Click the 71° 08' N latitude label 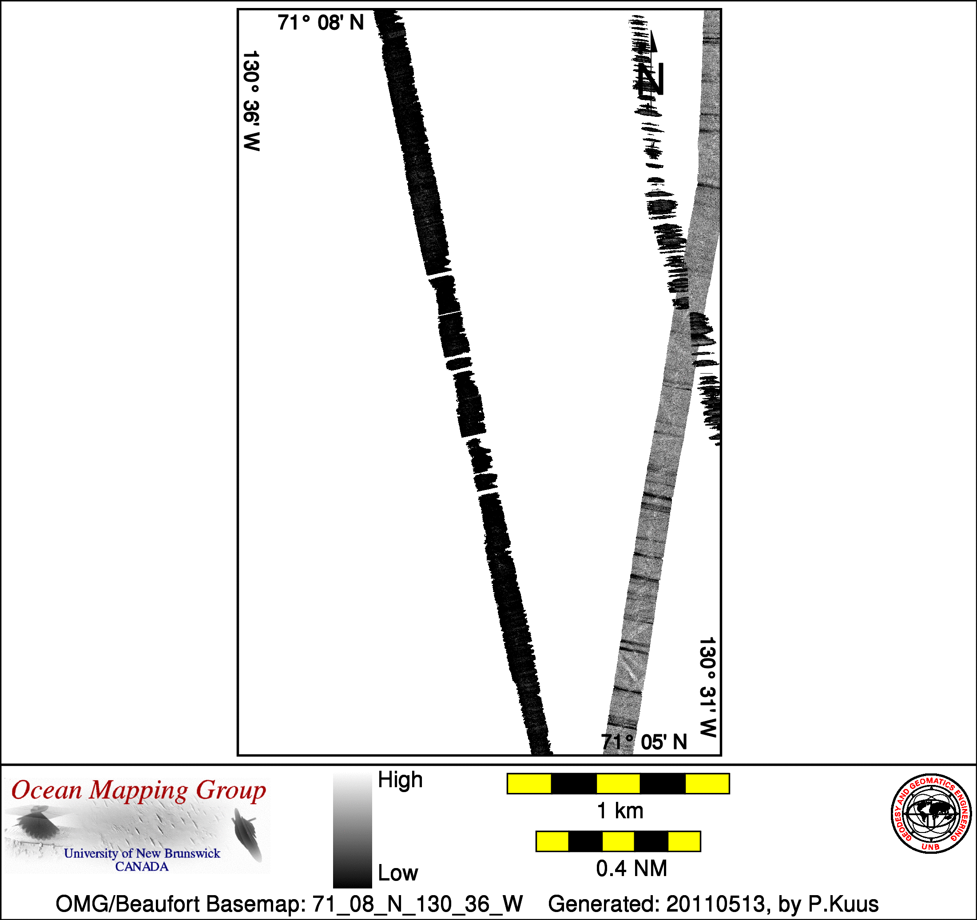tap(321, 23)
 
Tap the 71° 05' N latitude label tap(644, 742)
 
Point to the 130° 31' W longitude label tap(708, 687)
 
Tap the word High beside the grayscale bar tap(400, 780)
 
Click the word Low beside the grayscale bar tap(397, 873)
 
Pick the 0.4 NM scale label tap(631, 868)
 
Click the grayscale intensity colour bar tap(352, 830)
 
